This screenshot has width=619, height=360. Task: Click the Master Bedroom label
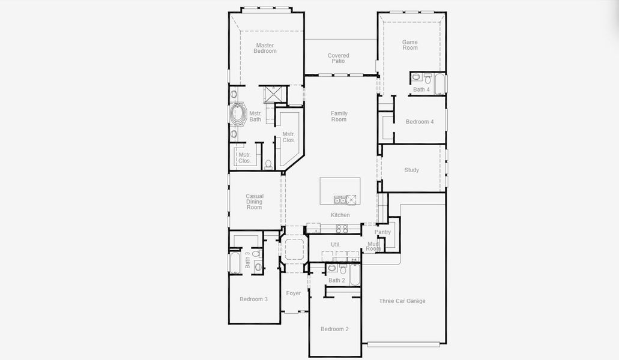[265, 48]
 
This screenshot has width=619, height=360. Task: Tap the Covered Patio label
[338, 58]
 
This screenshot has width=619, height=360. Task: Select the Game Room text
[410, 45]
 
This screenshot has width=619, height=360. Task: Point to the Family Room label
[339, 116]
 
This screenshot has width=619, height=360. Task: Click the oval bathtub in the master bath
[238, 115]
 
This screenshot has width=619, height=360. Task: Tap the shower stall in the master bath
[275, 95]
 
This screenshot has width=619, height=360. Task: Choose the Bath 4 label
[421, 89]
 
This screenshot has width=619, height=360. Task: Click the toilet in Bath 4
[427, 78]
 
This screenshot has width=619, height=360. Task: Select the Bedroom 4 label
[419, 122]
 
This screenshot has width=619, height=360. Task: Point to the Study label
[411, 170]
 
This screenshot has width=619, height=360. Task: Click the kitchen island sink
[340, 200]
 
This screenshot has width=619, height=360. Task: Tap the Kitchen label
[340, 215]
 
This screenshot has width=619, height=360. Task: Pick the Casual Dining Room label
[255, 202]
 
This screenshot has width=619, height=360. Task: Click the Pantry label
[382, 232]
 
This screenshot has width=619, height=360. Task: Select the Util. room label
[336, 244]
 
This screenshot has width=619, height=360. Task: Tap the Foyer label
[293, 293]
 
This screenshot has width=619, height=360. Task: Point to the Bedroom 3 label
[253, 299]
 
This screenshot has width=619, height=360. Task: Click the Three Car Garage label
[402, 301]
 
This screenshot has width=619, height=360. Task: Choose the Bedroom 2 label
[334, 329]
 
